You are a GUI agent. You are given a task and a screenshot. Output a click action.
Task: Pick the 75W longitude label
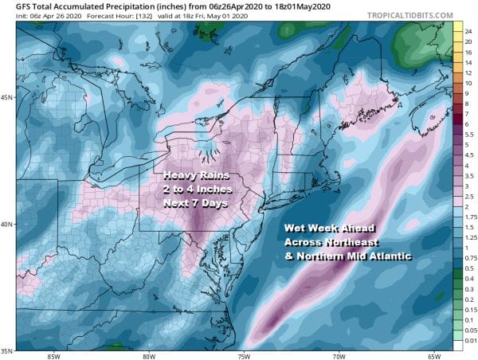tap(243, 355)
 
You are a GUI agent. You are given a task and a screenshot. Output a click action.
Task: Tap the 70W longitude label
tap(339, 355)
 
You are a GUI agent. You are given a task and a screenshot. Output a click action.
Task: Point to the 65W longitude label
tap(434, 355)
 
